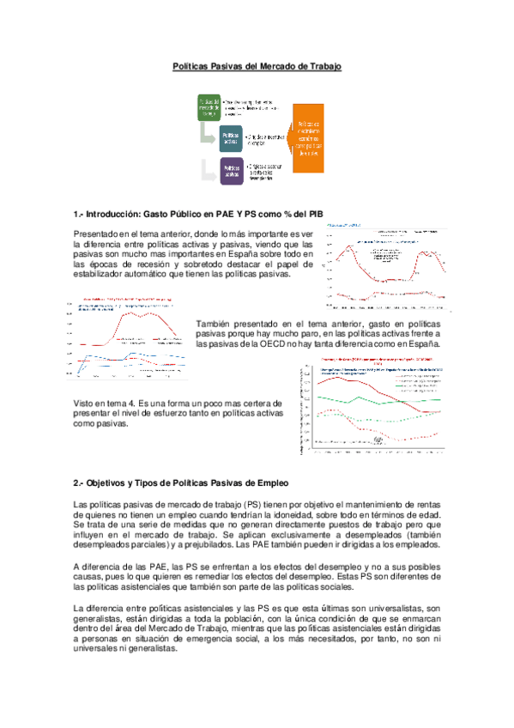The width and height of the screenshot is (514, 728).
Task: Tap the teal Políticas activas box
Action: (x=230, y=138)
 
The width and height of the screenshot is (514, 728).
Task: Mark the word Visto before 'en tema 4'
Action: (x=85, y=403)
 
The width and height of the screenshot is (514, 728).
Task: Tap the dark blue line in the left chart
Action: (x=129, y=356)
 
